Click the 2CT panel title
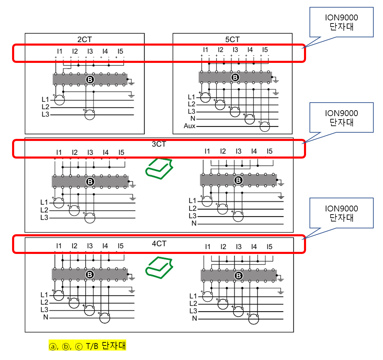coord(85,39)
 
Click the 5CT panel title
coord(232,39)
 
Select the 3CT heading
coord(159,144)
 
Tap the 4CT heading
coord(159,244)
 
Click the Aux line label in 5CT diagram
coord(189,126)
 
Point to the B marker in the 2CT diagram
coord(90,80)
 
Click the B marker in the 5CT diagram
coord(235,77)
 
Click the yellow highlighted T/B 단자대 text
coord(88,346)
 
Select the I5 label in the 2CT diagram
coord(120,51)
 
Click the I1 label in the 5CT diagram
coord(206,49)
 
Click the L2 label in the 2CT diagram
coord(45,107)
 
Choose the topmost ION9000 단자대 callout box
coord(342,22)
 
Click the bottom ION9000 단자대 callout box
coord(342,213)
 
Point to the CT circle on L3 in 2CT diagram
coord(90,114)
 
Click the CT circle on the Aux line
coord(265,126)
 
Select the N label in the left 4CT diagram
coord(46,317)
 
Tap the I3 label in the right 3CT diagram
coord(238,151)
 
